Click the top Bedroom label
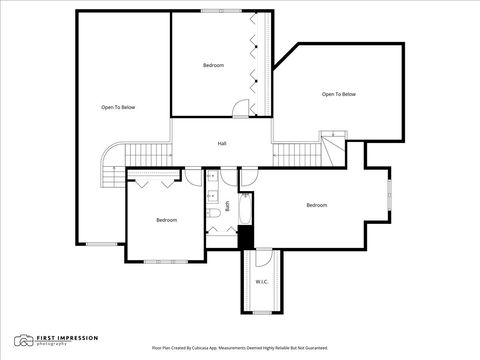pos(213,66)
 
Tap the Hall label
pos(222,144)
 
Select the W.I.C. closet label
pos(262,282)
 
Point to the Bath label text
pos(227,206)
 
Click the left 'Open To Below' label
pos(118,107)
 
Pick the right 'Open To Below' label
pos(338,94)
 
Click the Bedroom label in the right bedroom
pos(316,205)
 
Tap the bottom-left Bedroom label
pos(166,220)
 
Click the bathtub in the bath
pos(246,206)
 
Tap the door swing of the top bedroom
pos(241,109)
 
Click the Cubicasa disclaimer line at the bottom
pos(240,348)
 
